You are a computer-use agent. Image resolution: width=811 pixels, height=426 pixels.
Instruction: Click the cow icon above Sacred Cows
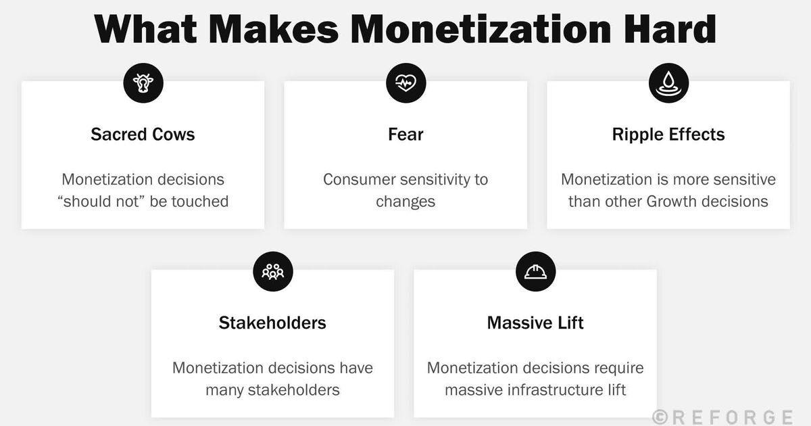(x=143, y=83)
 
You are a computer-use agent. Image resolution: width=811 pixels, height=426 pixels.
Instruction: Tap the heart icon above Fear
(x=405, y=83)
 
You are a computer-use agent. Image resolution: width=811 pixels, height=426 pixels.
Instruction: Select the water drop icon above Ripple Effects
(x=668, y=83)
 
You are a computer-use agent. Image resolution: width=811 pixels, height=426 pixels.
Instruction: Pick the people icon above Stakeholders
(x=272, y=272)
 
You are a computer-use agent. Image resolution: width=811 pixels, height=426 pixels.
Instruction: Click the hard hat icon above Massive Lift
(x=535, y=272)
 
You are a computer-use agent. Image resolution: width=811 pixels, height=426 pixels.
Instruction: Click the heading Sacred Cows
(x=143, y=134)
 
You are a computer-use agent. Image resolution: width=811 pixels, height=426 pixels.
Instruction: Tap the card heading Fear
(x=405, y=134)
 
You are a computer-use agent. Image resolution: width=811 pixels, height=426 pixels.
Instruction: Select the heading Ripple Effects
(x=668, y=134)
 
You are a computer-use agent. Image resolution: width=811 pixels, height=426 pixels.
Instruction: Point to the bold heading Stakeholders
(x=272, y=323)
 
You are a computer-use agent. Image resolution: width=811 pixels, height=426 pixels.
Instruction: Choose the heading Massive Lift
(x=535, y=323)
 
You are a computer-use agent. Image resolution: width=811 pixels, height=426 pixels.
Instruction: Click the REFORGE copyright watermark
(x=722, y=416)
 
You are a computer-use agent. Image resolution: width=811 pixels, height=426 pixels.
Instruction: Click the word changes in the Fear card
(x=405, y=201)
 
